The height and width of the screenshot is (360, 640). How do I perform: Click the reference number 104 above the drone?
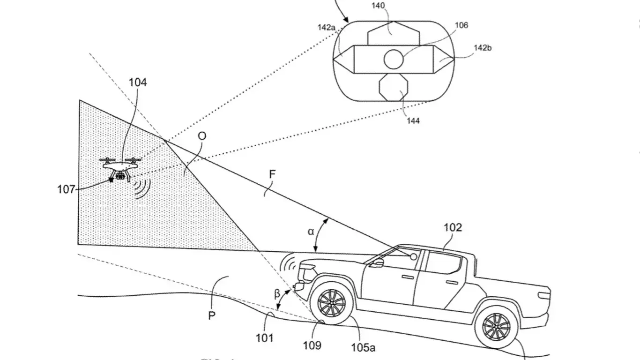tap(138, 82)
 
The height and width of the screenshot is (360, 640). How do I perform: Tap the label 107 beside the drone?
tap(66, 189)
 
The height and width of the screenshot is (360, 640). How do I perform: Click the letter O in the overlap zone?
tap(202, 136)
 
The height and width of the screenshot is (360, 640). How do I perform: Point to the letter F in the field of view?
tap(272, 174)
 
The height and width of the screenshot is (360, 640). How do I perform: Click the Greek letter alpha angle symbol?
tap(311, 231)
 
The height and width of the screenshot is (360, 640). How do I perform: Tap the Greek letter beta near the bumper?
tap(277, 294)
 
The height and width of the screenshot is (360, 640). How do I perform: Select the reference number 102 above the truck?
tap(453, 227)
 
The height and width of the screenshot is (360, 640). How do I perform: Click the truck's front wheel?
tap(332, 302)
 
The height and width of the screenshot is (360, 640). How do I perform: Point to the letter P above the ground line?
tap(212, 315)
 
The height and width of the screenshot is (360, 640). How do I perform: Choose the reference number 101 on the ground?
tap(265, 337)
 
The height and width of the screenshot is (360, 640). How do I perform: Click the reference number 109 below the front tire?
tap(312, 345)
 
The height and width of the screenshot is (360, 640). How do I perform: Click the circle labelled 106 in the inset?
tap(394, 59)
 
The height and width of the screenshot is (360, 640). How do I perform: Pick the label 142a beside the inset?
tap(326, 28)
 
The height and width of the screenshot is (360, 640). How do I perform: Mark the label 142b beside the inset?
tap(483, 47)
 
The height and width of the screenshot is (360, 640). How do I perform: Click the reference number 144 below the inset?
tap(413, 120)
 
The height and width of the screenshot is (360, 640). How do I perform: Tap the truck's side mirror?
tap(377, 263)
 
